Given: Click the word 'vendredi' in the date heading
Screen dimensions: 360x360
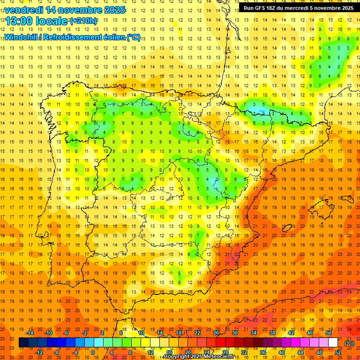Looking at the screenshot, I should pos(24,10).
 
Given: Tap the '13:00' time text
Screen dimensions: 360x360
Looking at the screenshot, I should pos(19,21).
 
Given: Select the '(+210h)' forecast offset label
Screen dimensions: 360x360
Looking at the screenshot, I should pos(83,21).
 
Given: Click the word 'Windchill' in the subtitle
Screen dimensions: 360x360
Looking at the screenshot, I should pos(20,37).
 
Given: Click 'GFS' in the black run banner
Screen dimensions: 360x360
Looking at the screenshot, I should pos(262,8).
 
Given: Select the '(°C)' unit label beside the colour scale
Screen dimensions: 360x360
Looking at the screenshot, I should pos(349,343).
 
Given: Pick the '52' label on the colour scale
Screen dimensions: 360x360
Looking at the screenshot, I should pos(338,352).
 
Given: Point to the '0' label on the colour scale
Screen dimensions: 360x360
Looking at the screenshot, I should pos(93,352).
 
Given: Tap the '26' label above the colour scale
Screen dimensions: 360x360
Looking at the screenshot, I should pos(216,333).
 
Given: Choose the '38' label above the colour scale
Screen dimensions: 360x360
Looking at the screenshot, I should pos(272,333).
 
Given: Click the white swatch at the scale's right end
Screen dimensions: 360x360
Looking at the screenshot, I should pos(333,343).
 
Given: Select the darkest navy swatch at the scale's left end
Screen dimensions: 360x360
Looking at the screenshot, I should pos(23,343).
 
